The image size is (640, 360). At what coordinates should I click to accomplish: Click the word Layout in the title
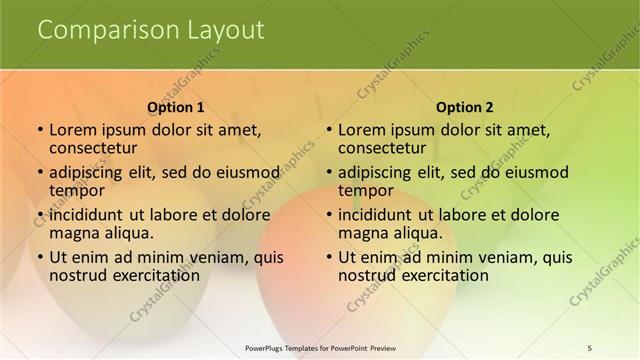pos(225,30)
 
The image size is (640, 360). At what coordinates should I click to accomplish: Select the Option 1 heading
pos(176,107)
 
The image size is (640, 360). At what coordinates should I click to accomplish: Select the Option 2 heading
pos(465,107)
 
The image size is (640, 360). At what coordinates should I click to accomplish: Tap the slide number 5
pos(590,347)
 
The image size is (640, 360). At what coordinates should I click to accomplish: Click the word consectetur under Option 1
pos(93,148)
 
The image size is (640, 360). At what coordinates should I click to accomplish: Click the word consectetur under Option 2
pos(382,148)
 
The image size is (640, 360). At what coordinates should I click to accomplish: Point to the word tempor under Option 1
pos(78,190)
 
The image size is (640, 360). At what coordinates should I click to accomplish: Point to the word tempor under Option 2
pos(367,190)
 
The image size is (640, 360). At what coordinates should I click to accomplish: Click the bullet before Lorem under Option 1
pos(39,130)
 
